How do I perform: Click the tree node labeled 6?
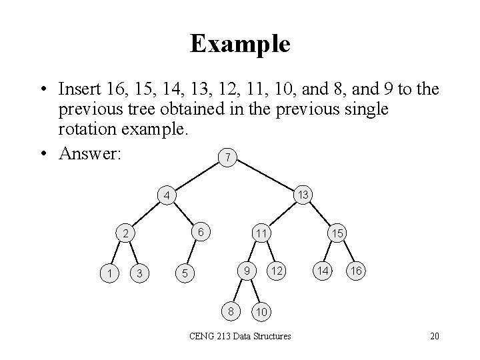pyautogui.click(x=200, y=232)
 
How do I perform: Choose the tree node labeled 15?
pyautogui.click(x=337, y=234)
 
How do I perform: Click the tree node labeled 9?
pyautogui.click(x=246, y=271)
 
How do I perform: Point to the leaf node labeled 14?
pyautogui.click(x=322, y=271)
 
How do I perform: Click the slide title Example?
pyautogui.click(x=239, y=44)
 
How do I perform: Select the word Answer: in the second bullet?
pyautogui.click(x=89, y=153)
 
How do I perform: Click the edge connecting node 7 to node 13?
pyautogui.click(x=265, y=175)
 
